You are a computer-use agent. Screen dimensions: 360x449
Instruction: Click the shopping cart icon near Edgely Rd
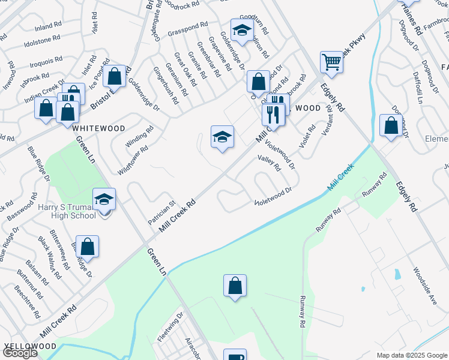pyautogui.click(x=331, y=61)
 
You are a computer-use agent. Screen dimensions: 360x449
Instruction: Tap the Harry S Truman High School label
pyautogui.click(x=67, y=211)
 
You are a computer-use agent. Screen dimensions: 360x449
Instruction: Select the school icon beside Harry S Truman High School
pyautogui.click(x=104, y=199)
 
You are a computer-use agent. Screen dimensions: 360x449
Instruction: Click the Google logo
pyautogui.click(x=20, y=353)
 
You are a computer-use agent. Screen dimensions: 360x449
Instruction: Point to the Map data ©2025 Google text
pyautogui.click(x=412, y=355)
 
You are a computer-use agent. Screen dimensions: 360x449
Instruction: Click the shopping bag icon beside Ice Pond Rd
pyautogui.click(x=115, y=76)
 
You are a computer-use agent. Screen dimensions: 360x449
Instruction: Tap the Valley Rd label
pyautogui.click(x=269, y=163)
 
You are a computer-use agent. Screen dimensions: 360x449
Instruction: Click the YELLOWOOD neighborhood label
pyautogui.click(x=30, y=346)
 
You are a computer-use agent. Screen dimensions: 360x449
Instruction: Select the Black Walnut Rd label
pyautogui.click(x=49, y=258)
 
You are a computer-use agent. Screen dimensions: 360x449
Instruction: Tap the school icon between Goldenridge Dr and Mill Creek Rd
pyautogui.click(x=221, y=137)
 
